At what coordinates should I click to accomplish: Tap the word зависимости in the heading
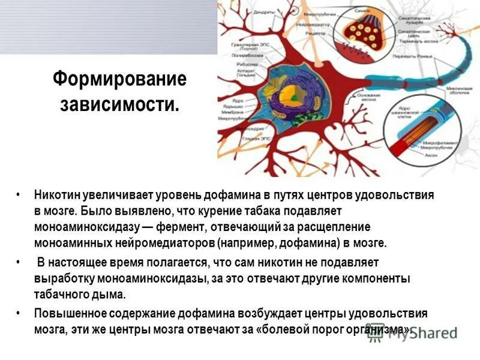pos(119,105)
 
